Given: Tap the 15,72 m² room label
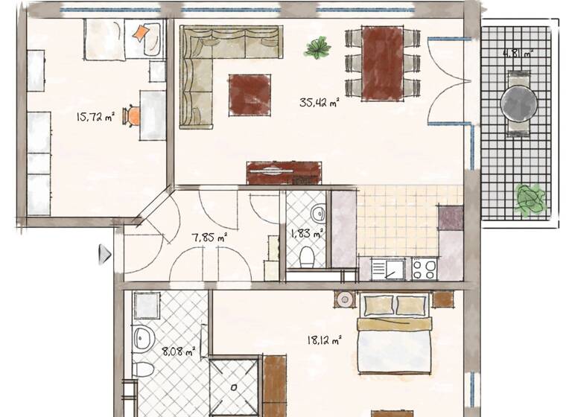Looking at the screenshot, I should pyautogui.click(x=95, y=116).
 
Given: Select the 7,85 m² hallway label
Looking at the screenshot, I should pyautogui.click(x=209, y=238).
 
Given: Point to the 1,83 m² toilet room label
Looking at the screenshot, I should pyautogui.click(x=307, y=234).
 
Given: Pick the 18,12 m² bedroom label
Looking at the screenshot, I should pyautogui.click(x=324, y=340).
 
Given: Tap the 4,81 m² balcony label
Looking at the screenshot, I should pyautogui.click(x=518, y=54).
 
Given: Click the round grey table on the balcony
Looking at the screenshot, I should pyautogui.click(x=519, y=102).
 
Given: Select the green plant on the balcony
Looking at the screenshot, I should pyautogui.click(x=530, y=200).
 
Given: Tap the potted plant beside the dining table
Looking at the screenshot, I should pyautogui.click(x=318, y=48).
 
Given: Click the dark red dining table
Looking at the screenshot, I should pyautogui.click(x=383, y=63).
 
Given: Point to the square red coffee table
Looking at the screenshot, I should pyautogui.click(x=250, y=95).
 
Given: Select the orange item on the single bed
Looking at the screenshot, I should pyautogui.click(x=141, y=33).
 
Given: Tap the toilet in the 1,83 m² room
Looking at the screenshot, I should pyautogui.click(x=307, y=258).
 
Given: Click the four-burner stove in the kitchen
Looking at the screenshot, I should pyautogui.click(x=425, y=268).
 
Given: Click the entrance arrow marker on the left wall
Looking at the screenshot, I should pyautogui.click(x=104, y=255).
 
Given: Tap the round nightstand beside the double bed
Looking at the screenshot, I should pyautogui.click(x=345, y=299).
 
